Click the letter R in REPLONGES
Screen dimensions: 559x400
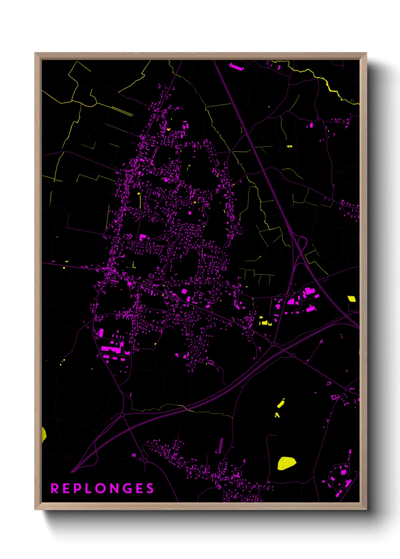54,488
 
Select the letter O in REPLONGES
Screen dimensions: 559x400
101,488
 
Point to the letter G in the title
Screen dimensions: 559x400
127,488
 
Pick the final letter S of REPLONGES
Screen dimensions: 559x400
150,488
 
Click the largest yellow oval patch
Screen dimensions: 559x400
286,463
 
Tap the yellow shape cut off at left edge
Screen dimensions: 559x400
43,434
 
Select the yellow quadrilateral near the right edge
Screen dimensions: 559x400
352,299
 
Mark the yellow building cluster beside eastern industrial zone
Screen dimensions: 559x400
264,322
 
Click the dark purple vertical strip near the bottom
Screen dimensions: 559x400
221,446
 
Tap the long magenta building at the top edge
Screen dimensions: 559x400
237,67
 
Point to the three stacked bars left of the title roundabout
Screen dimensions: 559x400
134,456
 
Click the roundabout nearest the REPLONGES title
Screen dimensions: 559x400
145,460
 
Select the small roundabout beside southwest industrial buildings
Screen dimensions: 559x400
100,353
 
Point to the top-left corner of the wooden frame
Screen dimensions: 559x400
35,53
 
